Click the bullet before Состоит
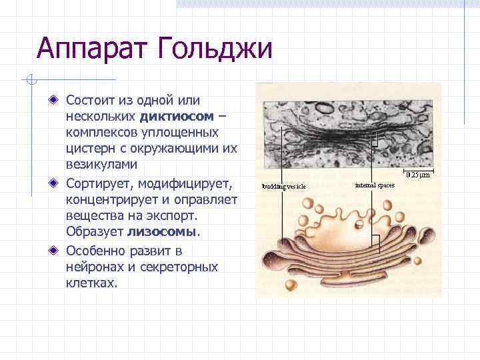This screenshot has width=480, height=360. (x=53, y=101)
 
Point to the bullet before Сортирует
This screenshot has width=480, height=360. (x=53, y=183)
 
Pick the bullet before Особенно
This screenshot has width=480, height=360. (x=53, y=251)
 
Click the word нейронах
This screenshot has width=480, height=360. (x=95, y=267)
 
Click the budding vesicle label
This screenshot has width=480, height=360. (x=284, y=186)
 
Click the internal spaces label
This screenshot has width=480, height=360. (x=375, y=184)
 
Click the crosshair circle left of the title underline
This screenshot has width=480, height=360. (x=30, y=81)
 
